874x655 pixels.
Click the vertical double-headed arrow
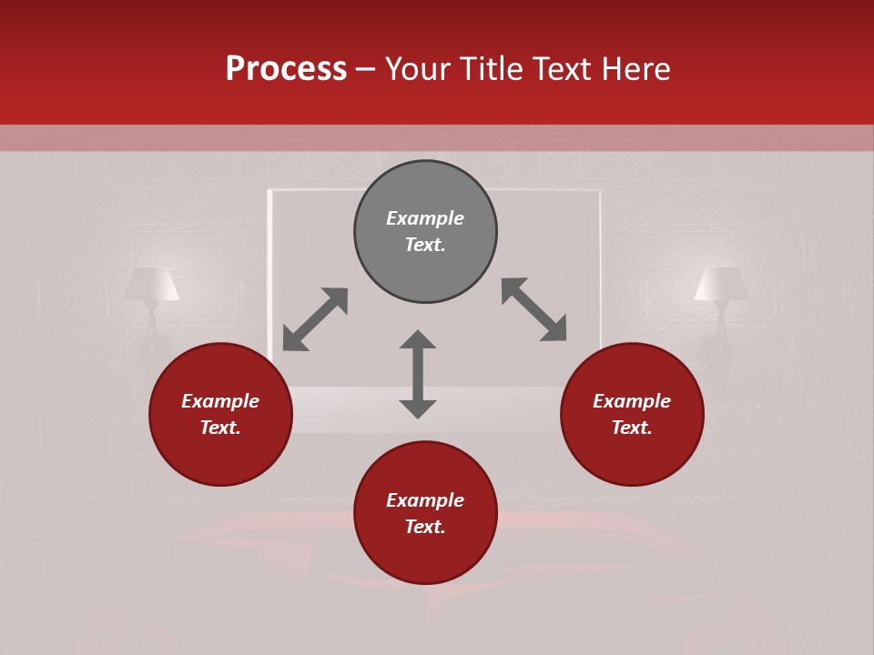[x=418, y=374]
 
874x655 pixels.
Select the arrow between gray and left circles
[x=315, y=319]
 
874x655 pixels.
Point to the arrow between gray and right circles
[x=534, y=309]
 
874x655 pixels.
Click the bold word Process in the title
[x=286, y=69]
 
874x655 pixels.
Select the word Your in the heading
[x=417, y=69]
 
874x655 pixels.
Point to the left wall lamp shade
[x=151, y=284]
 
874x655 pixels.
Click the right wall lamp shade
[x=721, y=284]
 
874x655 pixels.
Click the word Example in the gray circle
[x=425, y=218]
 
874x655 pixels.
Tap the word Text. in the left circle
[x=220, y=428]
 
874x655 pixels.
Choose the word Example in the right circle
[x=632, y=401]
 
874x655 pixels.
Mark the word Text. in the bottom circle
[x=425, y=527]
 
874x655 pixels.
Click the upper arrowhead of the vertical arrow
[x=418, y=339]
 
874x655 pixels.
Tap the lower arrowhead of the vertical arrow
[x=418, y=408]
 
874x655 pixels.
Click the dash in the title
[x=366, y=69]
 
